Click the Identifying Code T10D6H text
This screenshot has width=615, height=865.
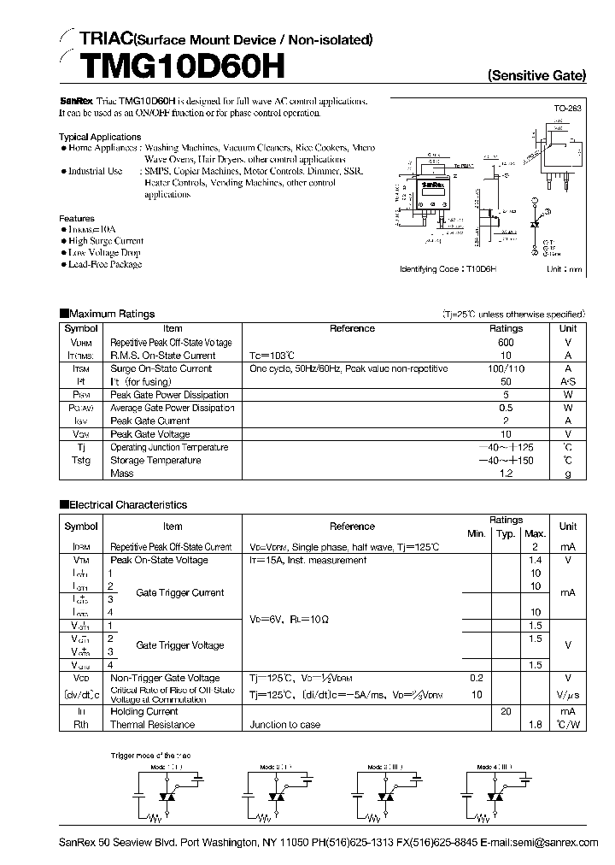[x=448, y=268]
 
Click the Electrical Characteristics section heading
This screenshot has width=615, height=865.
[x=127, y=505]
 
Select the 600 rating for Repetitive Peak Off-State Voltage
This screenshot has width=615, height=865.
[x=506, y=342]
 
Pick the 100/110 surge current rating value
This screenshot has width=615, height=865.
[x=506, y=368]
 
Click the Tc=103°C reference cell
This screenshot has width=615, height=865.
[x=272, y=356]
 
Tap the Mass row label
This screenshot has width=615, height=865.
[x=121, y=474]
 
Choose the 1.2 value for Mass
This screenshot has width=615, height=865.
[x=506, y=474]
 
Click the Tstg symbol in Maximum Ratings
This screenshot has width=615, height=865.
[x=81, y=461]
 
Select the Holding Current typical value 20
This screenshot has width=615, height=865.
[x=506, y=711]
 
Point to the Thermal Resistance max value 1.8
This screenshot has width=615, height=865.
[x=536, y=725]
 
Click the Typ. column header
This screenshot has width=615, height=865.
[x=506, y=533]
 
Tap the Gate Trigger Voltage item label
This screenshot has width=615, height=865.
[x=179, y=645]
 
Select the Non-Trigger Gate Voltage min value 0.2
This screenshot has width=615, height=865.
[x=476, y=677]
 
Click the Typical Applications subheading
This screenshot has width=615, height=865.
[x=100, y=137]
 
